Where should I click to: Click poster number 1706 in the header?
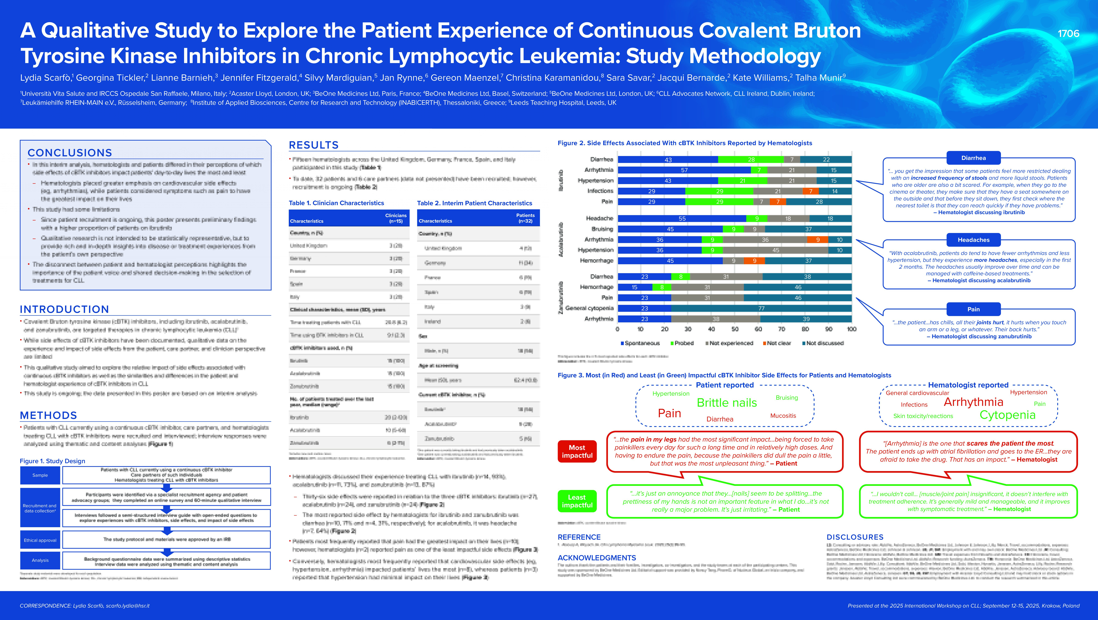point(1068,34)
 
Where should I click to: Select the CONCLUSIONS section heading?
point(70,153)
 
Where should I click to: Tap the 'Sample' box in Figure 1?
point(40,475)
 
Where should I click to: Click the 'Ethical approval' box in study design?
point(40,540)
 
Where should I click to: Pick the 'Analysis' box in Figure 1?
point(40,560)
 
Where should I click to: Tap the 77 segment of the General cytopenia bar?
point(761,308)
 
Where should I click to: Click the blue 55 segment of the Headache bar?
point(682,218)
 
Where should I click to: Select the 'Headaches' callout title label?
point(973,240)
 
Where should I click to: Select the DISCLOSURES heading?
point(855,537)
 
